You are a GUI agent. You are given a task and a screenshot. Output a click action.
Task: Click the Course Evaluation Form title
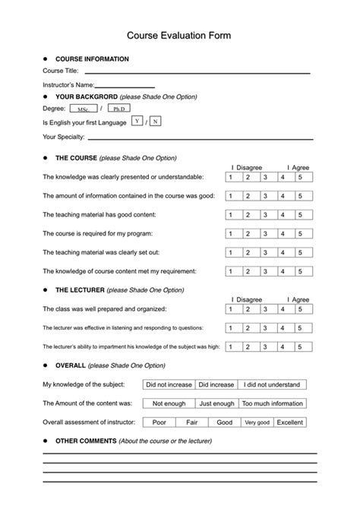[x=179, y=35]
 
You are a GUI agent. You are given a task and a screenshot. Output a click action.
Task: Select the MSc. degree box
[x=83, y=109]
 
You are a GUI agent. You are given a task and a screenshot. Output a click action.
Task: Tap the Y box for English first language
[x=137, y=122]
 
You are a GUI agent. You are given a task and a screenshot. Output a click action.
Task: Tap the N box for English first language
[x=155, y=122]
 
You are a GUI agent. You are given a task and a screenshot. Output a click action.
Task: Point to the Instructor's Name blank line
[x=125, y=85]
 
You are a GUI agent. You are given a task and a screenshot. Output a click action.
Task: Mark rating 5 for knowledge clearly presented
[x=302, y=178]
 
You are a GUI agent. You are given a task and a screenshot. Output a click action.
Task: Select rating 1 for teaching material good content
[x=233, y=215]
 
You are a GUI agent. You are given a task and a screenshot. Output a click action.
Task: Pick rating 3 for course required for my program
[x=268, y=233]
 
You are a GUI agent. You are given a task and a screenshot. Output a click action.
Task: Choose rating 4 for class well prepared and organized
[x=286, y=310]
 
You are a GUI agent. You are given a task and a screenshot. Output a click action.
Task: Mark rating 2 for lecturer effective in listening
[x=251, y=328]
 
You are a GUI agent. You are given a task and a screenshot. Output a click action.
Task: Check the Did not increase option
[x=169, y=384]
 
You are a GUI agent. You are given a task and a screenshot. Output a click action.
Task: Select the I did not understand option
[x=273, y=384]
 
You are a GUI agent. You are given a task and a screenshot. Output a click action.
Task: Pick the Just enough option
[x=216, y=403]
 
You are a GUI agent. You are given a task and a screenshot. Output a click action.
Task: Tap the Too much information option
[x=273, y=403]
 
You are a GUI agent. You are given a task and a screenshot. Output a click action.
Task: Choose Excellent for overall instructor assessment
[x=289, y=422]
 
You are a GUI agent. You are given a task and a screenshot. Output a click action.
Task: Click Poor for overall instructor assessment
[x=159, y=422]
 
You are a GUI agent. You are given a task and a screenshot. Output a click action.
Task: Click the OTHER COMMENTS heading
[x=84, y=441]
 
